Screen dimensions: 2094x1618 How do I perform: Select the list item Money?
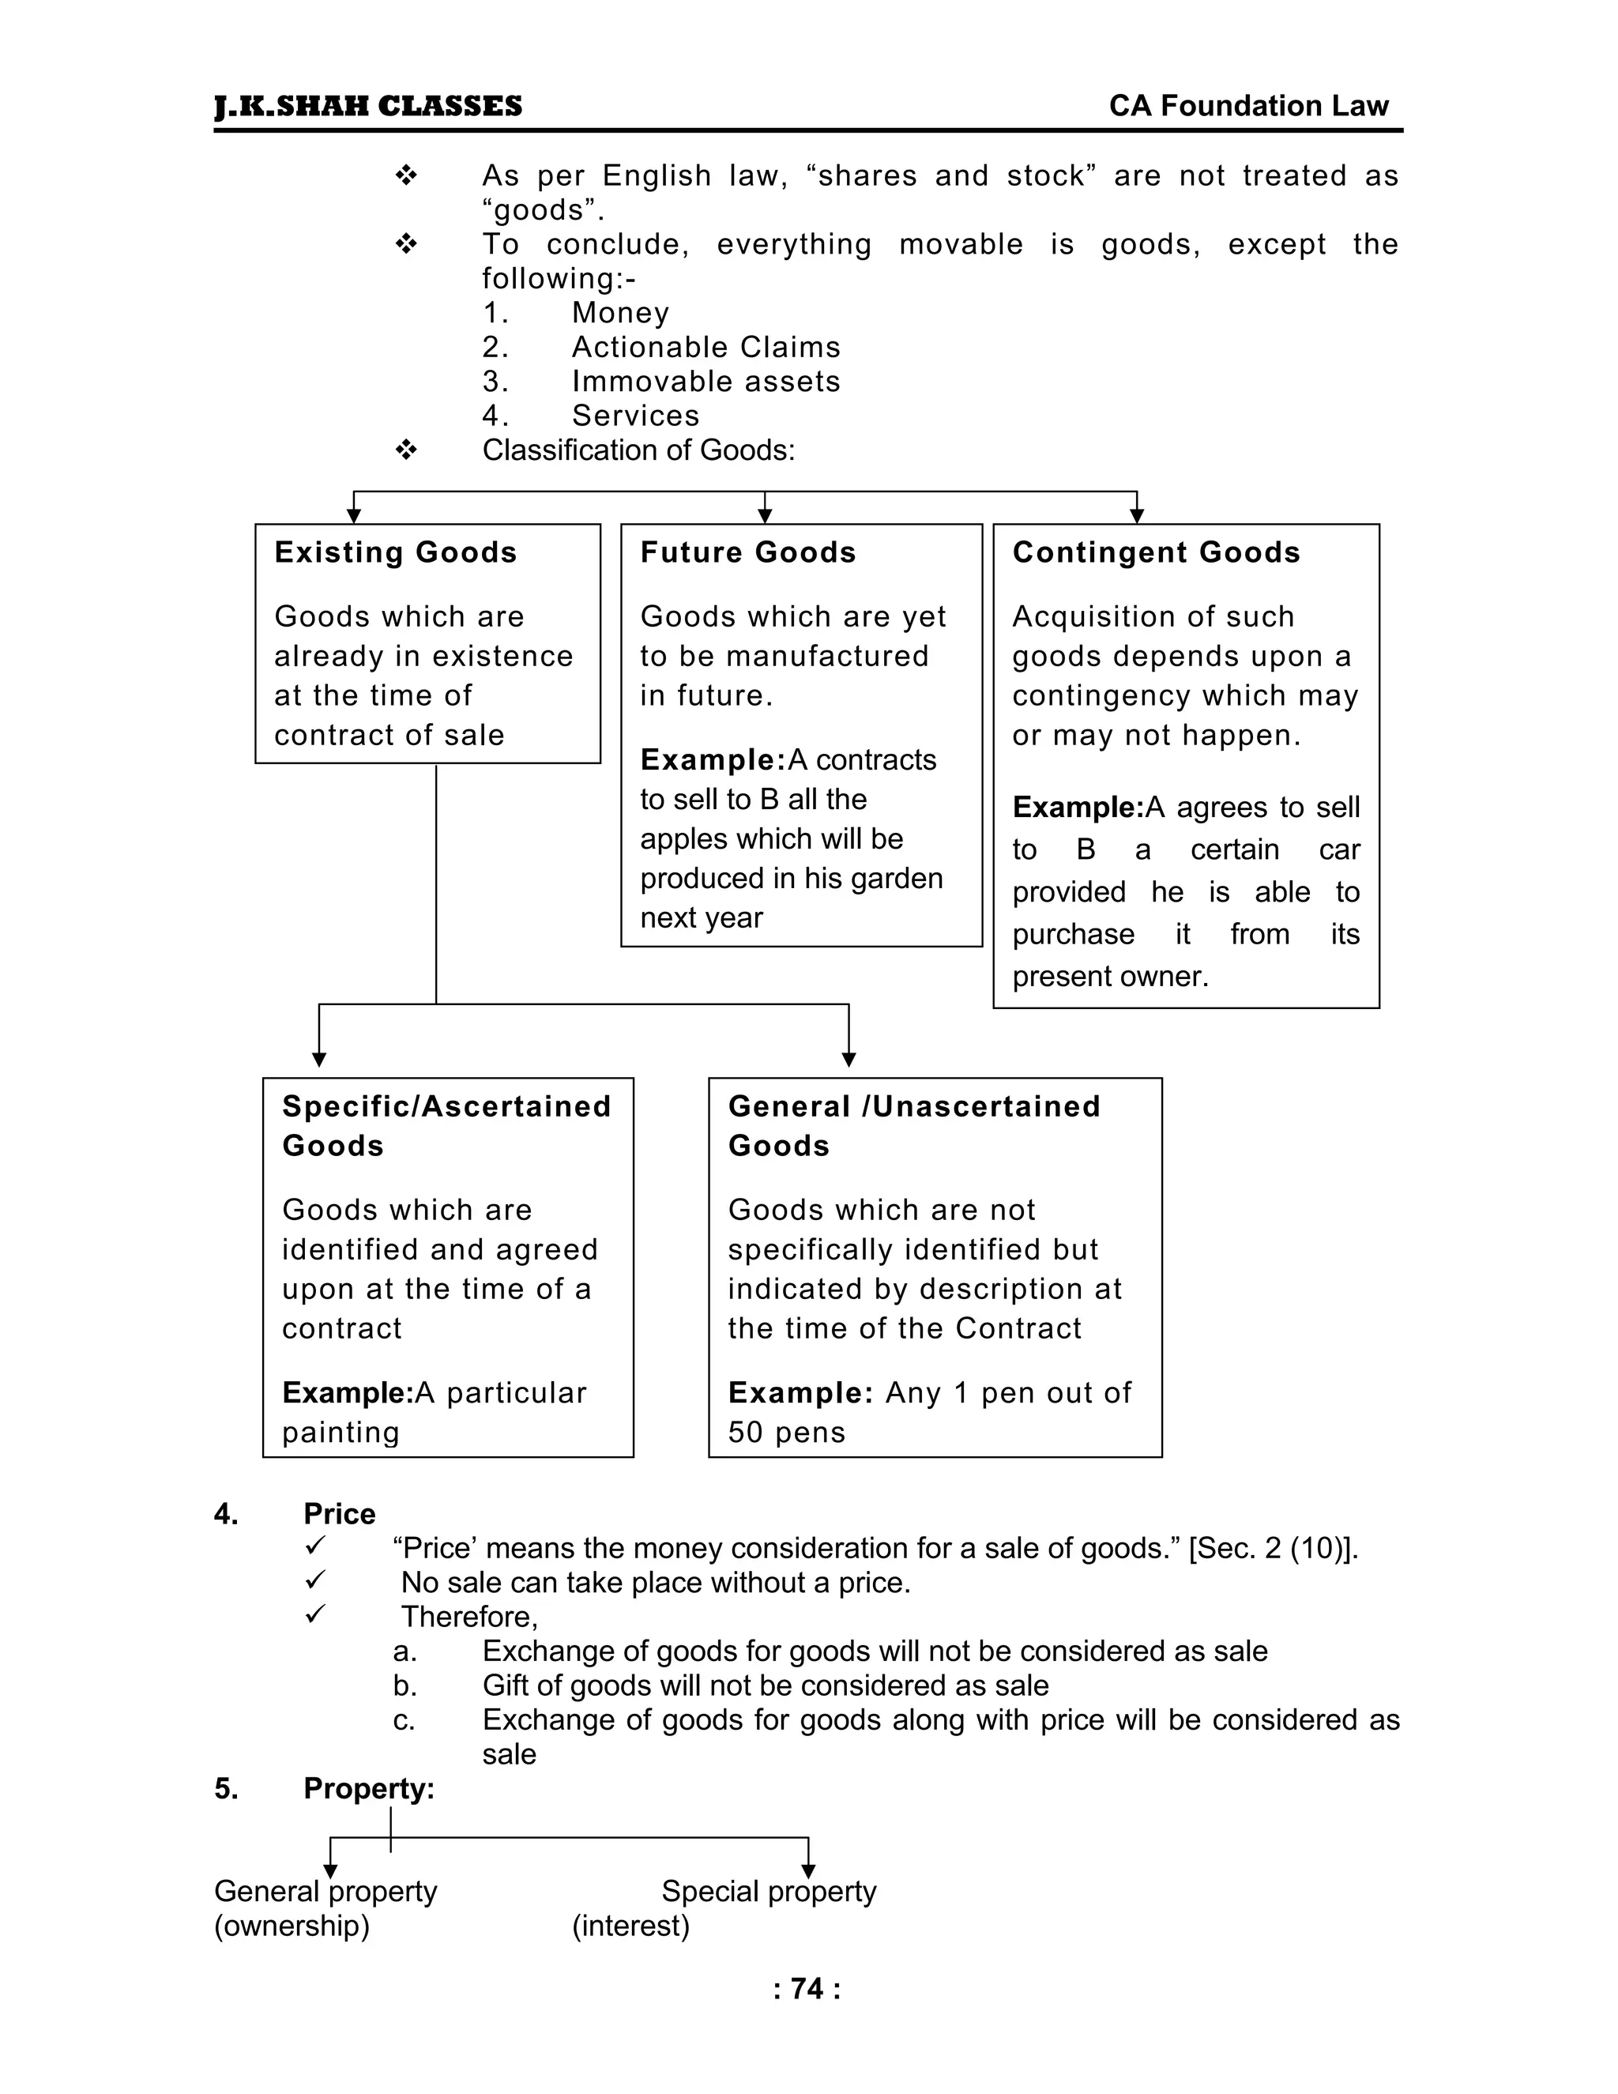620,313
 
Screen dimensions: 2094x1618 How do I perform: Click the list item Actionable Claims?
706,347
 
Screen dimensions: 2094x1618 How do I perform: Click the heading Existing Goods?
395,552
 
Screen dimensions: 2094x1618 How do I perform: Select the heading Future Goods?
747,552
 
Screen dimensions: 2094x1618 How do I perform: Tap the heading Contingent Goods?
1156,552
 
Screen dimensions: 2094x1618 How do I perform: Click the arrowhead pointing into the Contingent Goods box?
1137,516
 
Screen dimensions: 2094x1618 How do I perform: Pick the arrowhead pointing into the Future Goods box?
765,516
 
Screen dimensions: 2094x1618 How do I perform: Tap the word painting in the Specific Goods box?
341,1433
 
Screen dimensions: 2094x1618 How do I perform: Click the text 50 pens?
786,1433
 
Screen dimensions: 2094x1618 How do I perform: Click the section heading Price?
339,1514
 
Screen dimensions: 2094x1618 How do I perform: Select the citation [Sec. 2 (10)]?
1273,1549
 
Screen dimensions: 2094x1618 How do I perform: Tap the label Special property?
769,1891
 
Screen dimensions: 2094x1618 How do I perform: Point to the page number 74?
807,1989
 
